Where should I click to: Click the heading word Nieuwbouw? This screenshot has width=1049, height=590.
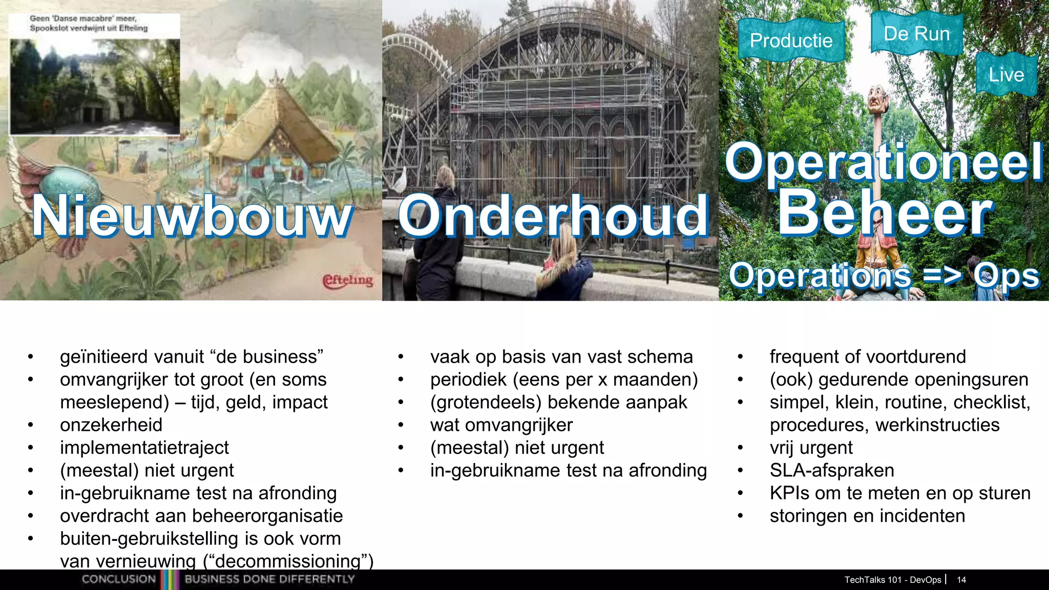pyautogui.click(x=193, y=216)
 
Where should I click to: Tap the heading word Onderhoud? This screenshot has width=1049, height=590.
pyautogui.click(x=553, y=216)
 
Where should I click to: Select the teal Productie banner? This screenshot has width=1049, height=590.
pyautogui.click(x=791, y=40)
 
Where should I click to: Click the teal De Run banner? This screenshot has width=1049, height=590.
pyautogui.click(x=916, y=34)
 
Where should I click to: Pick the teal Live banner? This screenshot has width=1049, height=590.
pyautogui.click(x=1006, y=75)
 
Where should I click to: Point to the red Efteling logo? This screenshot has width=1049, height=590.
pyautogui.click(x=348, y=280)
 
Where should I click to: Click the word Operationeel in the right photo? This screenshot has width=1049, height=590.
pyautogui.click(x=884, y=161)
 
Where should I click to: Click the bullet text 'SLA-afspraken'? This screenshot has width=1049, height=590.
pyautogui.click(x=832, y=470)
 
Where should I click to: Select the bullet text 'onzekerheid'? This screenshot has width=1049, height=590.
pyautogui.click(x=111, y=425)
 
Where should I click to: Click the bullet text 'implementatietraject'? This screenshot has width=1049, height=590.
pyautogui.click(x=144, y=448)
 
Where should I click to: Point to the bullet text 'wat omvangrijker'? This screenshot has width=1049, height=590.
pyautogui.click(x=501, y=425)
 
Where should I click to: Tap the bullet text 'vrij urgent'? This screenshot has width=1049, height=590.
pyautogui.click(x=811, y=448)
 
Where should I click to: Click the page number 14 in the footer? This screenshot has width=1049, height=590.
pyautogui.click(x=961, y=580)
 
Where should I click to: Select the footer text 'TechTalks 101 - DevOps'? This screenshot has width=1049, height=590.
pyautogui.click(x=892, y=580)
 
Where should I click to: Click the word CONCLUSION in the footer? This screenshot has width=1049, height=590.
pyautogui.click(x=119, y=579)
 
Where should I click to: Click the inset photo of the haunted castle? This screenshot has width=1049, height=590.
pyautogui.click(x=95, y=86)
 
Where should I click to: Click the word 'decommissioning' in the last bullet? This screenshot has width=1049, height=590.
pyautogui.click(x=288, y=561)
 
